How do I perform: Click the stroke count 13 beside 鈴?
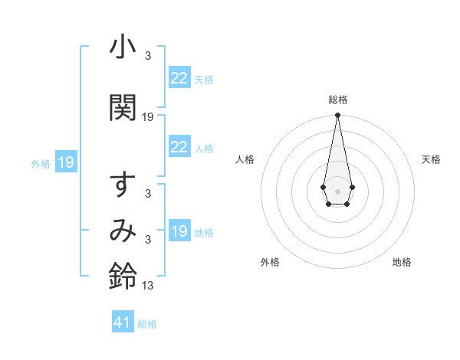click(148, 286)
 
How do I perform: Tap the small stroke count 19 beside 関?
click(148, 117)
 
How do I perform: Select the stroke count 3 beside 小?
click(148, 57)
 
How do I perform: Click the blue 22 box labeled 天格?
click(179, 78)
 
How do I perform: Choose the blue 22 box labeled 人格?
click(179, 147)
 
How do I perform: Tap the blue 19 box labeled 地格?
click(179, 231)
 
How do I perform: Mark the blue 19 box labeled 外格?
click(65, 162)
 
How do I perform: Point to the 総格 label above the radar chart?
click(337, 100)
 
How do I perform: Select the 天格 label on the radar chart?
click(431, 159)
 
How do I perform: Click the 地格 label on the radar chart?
click(402, 262)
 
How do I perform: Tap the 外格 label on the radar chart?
click(270, 262)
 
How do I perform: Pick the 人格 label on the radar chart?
click(245, 159)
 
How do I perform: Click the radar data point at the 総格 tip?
click(337, 116)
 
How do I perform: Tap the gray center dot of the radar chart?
click(337, 190)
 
